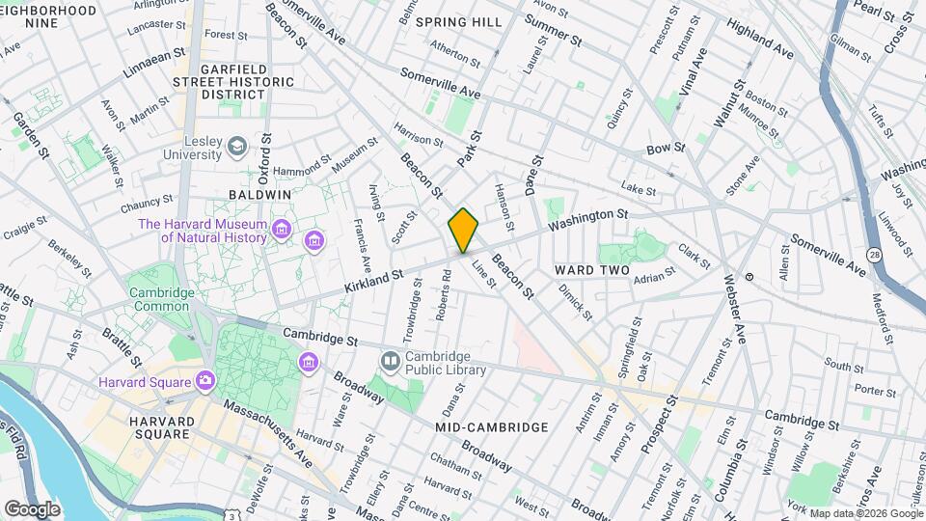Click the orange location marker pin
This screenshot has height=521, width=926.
[463, 231]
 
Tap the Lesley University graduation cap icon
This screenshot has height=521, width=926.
[236, 146]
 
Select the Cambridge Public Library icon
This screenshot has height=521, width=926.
[390, 361]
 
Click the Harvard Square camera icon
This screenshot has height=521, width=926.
[204, 381]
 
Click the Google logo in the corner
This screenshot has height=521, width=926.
[32, 508]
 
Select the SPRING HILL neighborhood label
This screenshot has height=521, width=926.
[461, 21]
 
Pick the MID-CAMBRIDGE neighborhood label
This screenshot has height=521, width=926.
[491, 426]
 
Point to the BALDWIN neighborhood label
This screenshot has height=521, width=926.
[259, 194]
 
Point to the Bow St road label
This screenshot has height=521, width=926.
[665, 149]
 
